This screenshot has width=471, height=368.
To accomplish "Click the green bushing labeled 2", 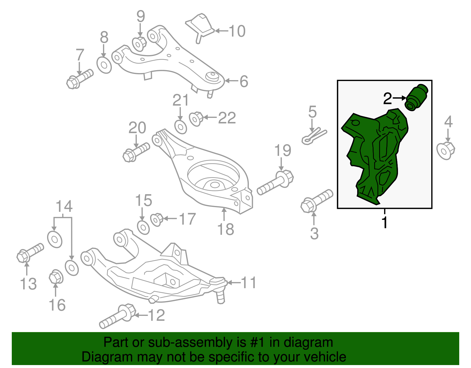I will point(416,98).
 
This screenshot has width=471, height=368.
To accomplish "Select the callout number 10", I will point(237,31).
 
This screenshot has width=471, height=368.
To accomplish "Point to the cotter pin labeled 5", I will point(314,136).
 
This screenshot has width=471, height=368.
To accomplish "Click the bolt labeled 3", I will point(316,200).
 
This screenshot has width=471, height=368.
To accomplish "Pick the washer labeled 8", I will point(104,65).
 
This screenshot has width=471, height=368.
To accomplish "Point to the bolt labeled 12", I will point(117,317).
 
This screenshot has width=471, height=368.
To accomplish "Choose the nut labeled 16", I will point(55,277).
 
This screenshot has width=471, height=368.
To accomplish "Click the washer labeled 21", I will point(180,127).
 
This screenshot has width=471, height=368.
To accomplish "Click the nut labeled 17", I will point(157,220).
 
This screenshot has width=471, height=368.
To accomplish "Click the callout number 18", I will point(225,229).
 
